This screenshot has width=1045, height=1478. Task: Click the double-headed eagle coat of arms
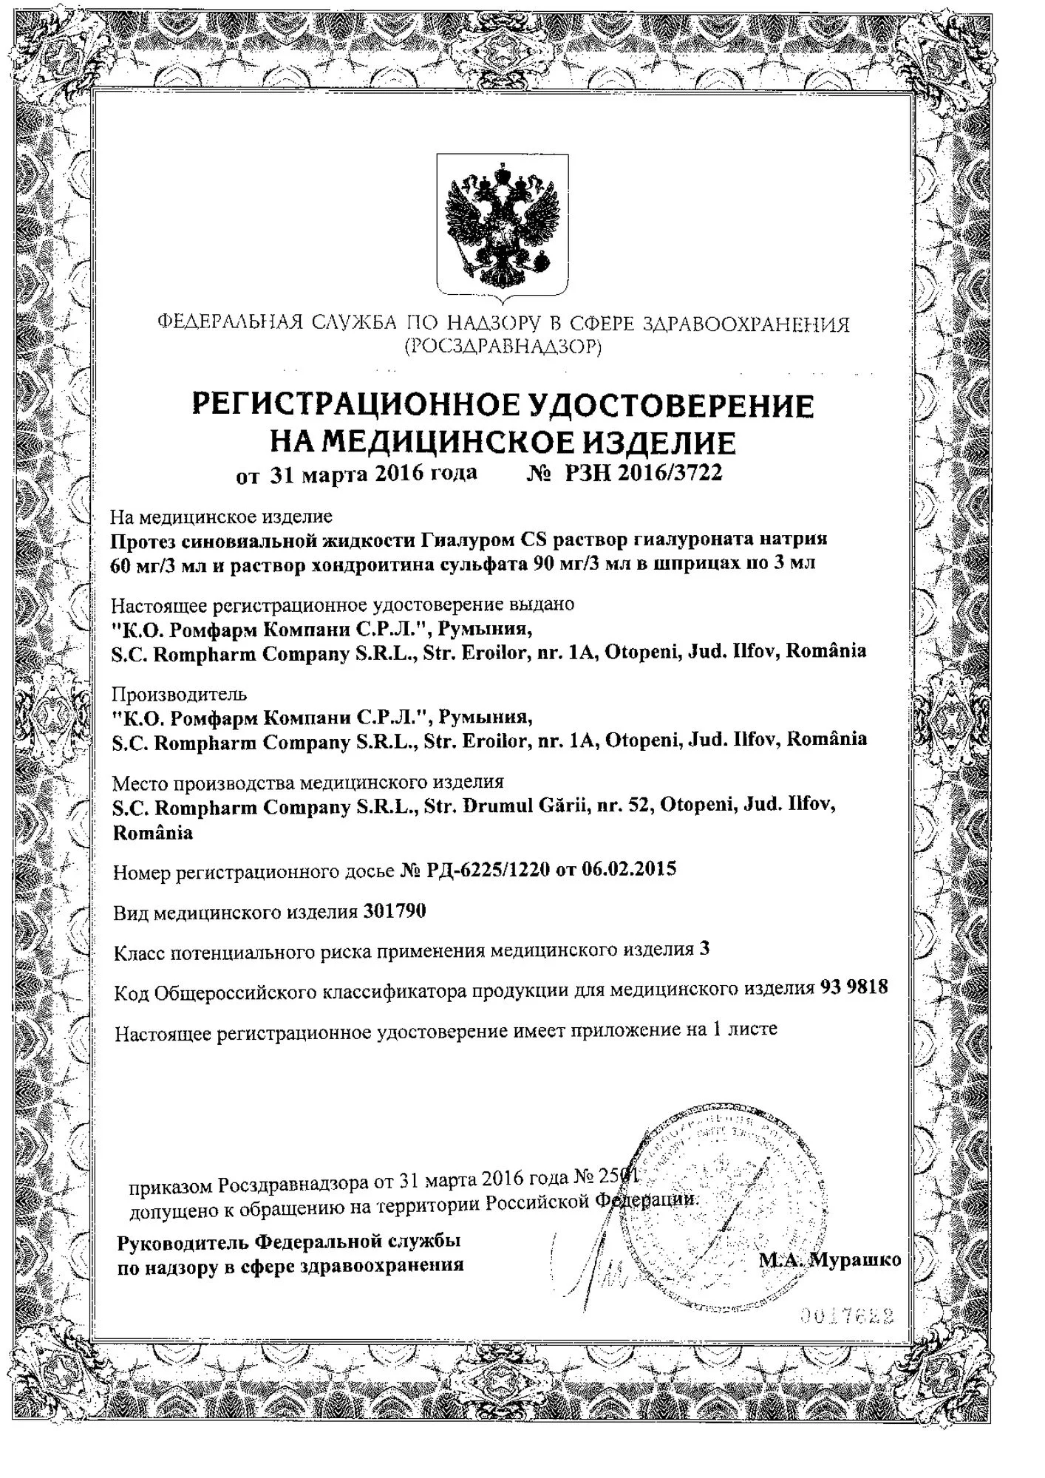[503, 228]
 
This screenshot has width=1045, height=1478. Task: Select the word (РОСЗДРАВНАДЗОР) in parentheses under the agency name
[503, 347]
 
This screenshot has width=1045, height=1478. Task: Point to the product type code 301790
[395, 911]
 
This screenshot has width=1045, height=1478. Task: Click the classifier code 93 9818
[854, 987]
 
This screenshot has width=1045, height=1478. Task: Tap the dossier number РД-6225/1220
[488, 870]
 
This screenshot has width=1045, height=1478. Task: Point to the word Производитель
[179, 694]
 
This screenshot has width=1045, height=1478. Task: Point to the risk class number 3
[704, 949]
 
